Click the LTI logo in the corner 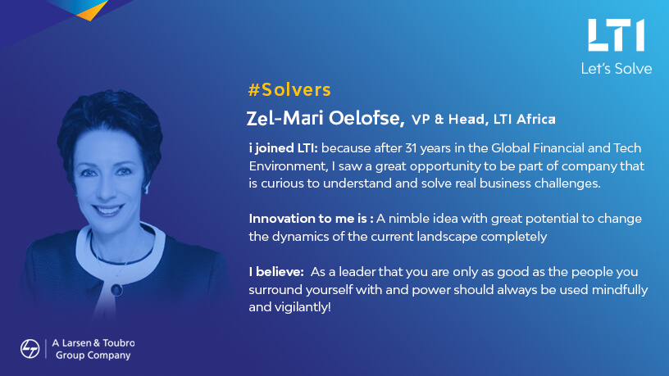(616, 35)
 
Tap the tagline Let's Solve (616, 69)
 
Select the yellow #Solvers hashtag (289, 89)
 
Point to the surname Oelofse (366, 119)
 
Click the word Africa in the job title (536, 119)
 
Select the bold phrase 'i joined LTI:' (284, 148)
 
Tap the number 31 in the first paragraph (411, 148)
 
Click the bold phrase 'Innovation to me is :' (311, 219)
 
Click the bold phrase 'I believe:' (276, 272)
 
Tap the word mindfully (620, 290)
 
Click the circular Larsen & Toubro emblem (30, 349)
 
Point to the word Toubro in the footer (119, 342)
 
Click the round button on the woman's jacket (116, 290)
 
